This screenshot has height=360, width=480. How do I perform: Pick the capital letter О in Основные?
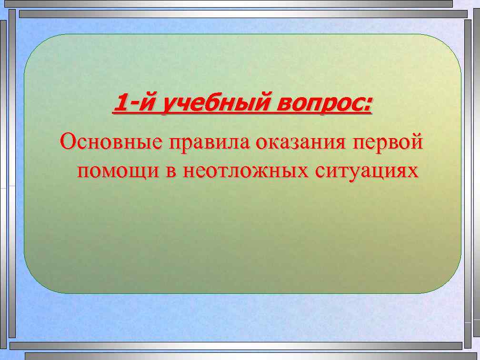pos(67,142)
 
